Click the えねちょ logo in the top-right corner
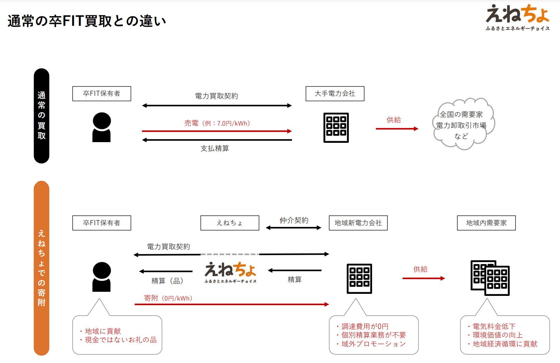click(518, 17)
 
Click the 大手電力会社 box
click(335, 93)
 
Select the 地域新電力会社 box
click(358, 223)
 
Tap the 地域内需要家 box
click(486, 223)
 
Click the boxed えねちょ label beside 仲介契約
click(230, 223)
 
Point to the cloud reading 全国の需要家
click(463, 124)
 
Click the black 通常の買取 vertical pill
click(41, 116)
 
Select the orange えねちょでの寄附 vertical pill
click(41, 268)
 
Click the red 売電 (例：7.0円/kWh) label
click(217, 123)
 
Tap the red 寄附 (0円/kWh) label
click(168, 298)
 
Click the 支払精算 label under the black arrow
click(215, 148)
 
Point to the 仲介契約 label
click(294, 220)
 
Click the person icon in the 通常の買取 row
click(102, 127)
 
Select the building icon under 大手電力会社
click(336, 128)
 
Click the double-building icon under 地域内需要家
click(490, 278)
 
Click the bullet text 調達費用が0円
click(365, 326)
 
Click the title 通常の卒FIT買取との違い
click(87, 21)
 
